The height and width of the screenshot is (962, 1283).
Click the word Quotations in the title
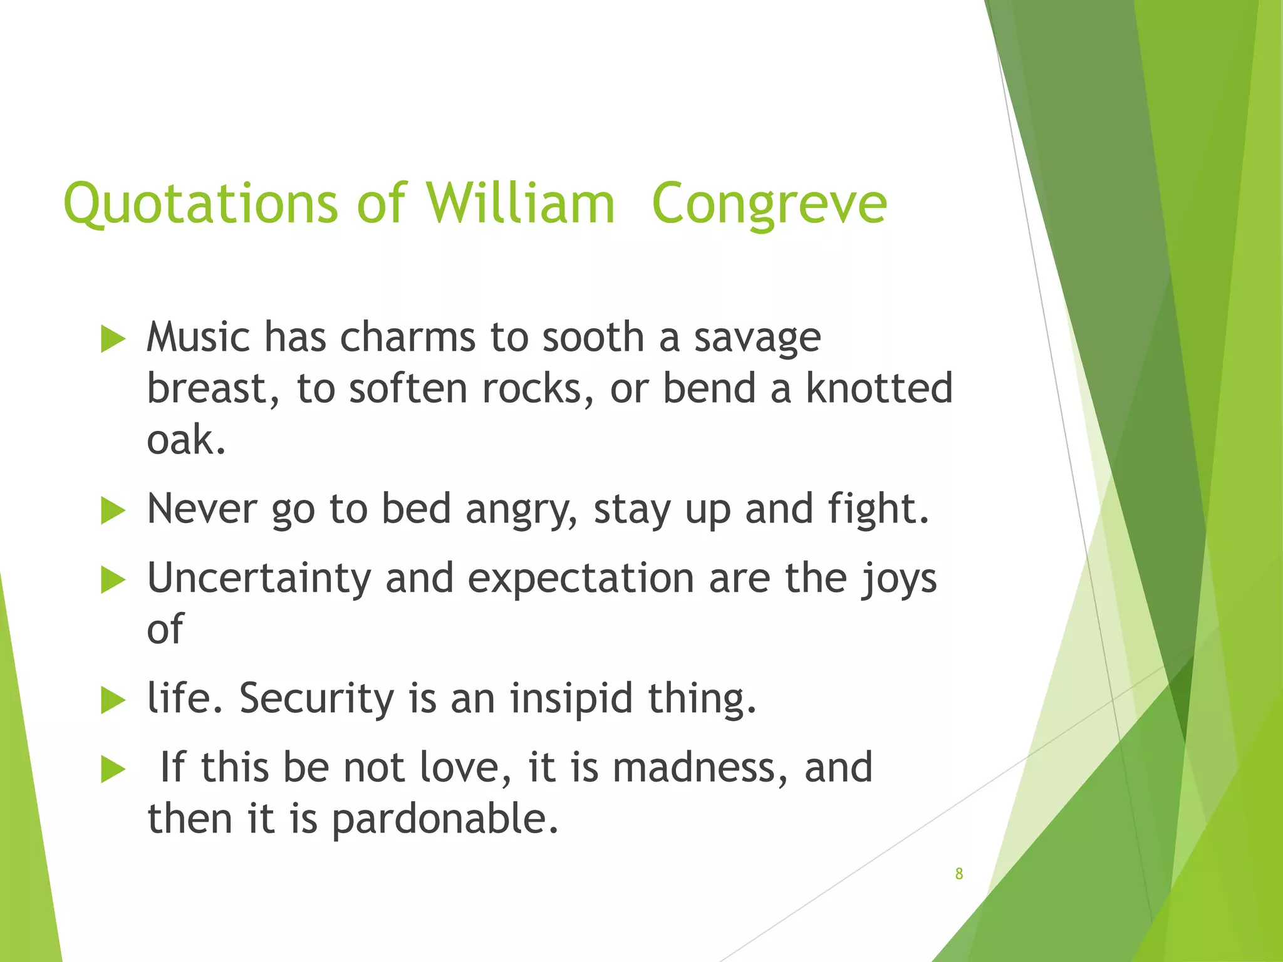point(200,204)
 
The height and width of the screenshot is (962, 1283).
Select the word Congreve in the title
point(769,204)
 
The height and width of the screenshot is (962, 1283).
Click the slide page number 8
point(958,874)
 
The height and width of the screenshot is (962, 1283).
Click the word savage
point(757,338)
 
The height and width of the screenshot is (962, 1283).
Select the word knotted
point(879,388)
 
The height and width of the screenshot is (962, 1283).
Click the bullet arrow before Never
point(113,510)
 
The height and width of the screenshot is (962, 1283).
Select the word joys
point(898,579)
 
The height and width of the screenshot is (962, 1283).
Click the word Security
point(316,698)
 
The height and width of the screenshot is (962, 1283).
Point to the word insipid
point(571,698)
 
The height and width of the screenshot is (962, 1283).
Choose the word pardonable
point(445,819)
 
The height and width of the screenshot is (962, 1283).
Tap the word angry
point(521,510)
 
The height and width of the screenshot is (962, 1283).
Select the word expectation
point(581,579)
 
